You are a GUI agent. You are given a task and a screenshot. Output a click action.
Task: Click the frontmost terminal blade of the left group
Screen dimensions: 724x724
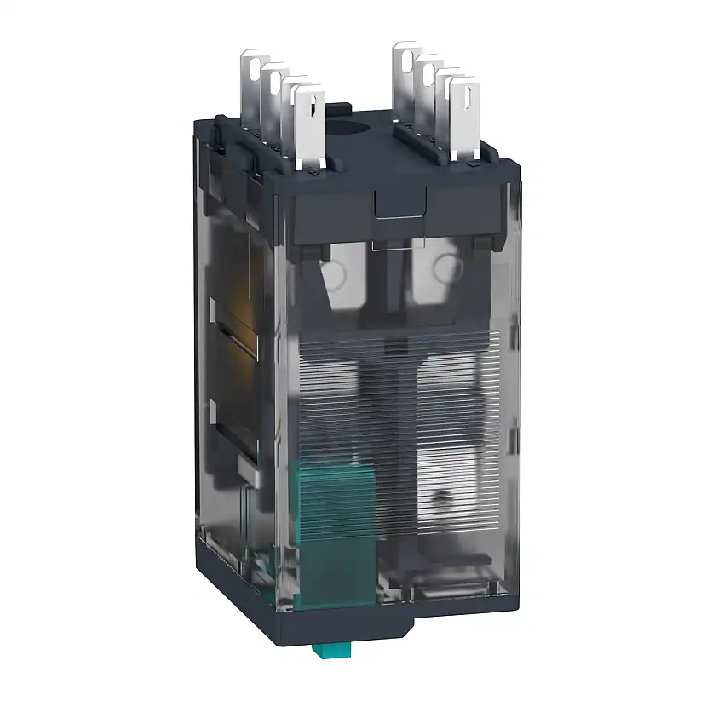tap(307, 128)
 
